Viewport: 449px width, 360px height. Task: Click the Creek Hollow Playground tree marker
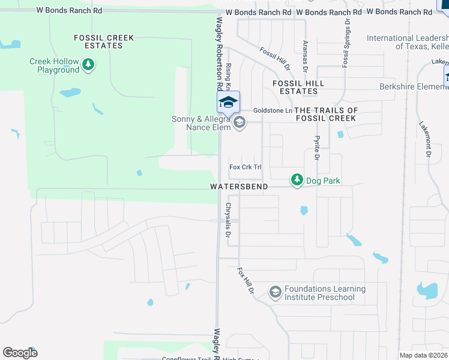[x=88, y=64]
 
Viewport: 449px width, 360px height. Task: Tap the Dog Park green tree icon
[x=297, y=179]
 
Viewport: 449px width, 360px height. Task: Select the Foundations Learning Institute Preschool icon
[x=276, y=292]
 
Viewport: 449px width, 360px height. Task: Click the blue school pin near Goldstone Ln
[x=228, y=103]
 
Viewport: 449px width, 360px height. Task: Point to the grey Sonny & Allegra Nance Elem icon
[x=240, y=123]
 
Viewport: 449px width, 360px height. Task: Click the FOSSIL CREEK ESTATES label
[x=104, y=41]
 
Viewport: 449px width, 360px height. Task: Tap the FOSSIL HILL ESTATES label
[x=298, y=87]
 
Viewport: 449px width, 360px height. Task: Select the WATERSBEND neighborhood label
[x=238, y=187]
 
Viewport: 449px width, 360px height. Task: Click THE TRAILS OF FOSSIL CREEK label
[x=325, y=114]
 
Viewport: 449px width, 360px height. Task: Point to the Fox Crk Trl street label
[x=246, y=167]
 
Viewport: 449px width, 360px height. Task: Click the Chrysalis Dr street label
[x=228, y=220]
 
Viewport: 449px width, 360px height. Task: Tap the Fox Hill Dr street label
[x=246, y=281]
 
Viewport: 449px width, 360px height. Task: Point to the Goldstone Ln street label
[x=273, y=110]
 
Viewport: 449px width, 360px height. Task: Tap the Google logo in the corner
[x=20, y=352]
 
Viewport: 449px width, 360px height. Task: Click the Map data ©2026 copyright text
[x=423, y=355]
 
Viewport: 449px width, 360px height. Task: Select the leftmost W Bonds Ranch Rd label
[x=69, y=11]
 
